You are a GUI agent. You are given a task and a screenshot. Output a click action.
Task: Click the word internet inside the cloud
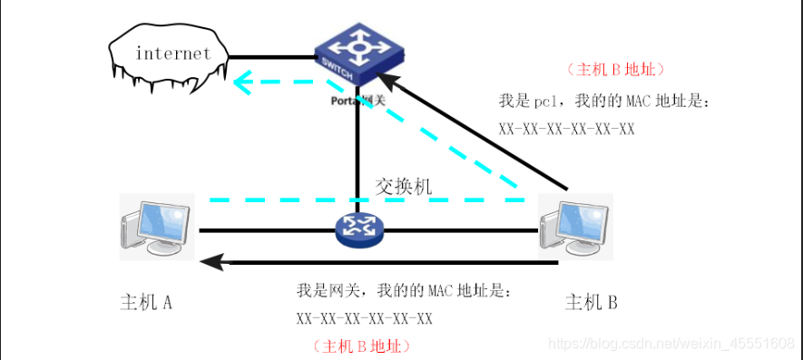172,54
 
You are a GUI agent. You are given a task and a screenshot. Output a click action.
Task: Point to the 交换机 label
404,187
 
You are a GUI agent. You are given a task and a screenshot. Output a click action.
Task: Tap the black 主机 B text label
591,302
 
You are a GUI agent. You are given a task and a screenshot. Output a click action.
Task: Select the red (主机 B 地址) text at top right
616,69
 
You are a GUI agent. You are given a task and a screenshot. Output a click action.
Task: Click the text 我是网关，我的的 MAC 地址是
408,292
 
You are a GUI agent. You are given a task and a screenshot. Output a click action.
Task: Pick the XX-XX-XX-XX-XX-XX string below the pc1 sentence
566,129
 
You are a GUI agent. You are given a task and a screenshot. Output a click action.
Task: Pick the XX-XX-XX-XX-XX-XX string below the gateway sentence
364,318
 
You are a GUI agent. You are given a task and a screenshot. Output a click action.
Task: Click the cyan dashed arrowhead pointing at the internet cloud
242,84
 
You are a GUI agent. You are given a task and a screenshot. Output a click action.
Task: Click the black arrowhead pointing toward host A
212,263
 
